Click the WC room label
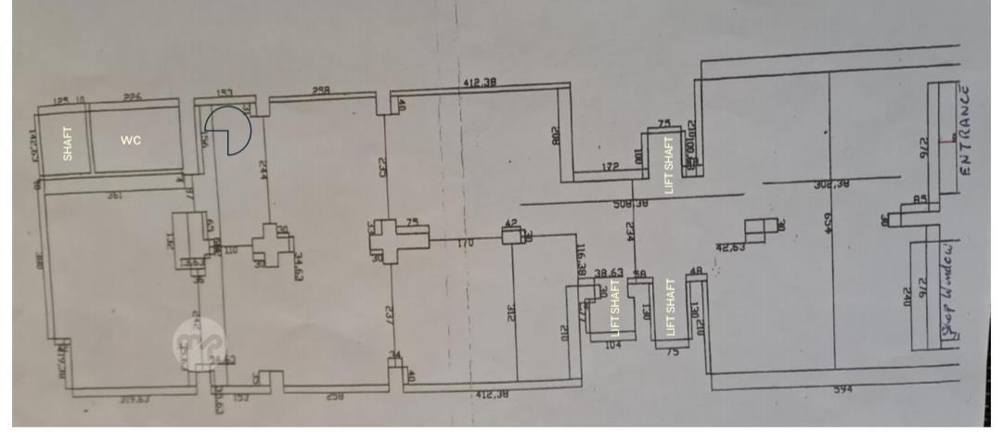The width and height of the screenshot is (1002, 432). point(131,141)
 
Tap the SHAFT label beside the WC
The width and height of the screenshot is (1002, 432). point(67,143)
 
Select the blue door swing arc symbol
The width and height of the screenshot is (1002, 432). point(227,130)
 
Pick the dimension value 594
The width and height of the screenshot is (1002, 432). point(842,390)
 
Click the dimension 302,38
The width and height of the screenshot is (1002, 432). point(832,184)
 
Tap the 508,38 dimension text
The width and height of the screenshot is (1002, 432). point(630,203)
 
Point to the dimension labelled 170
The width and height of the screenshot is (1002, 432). point(465,243)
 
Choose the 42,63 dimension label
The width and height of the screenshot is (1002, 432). point(731,248)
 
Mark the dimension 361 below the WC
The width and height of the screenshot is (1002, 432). point(115,196)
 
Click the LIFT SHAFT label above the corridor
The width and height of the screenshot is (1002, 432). point(668,164)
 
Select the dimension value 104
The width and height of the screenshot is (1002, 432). point(612,345)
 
